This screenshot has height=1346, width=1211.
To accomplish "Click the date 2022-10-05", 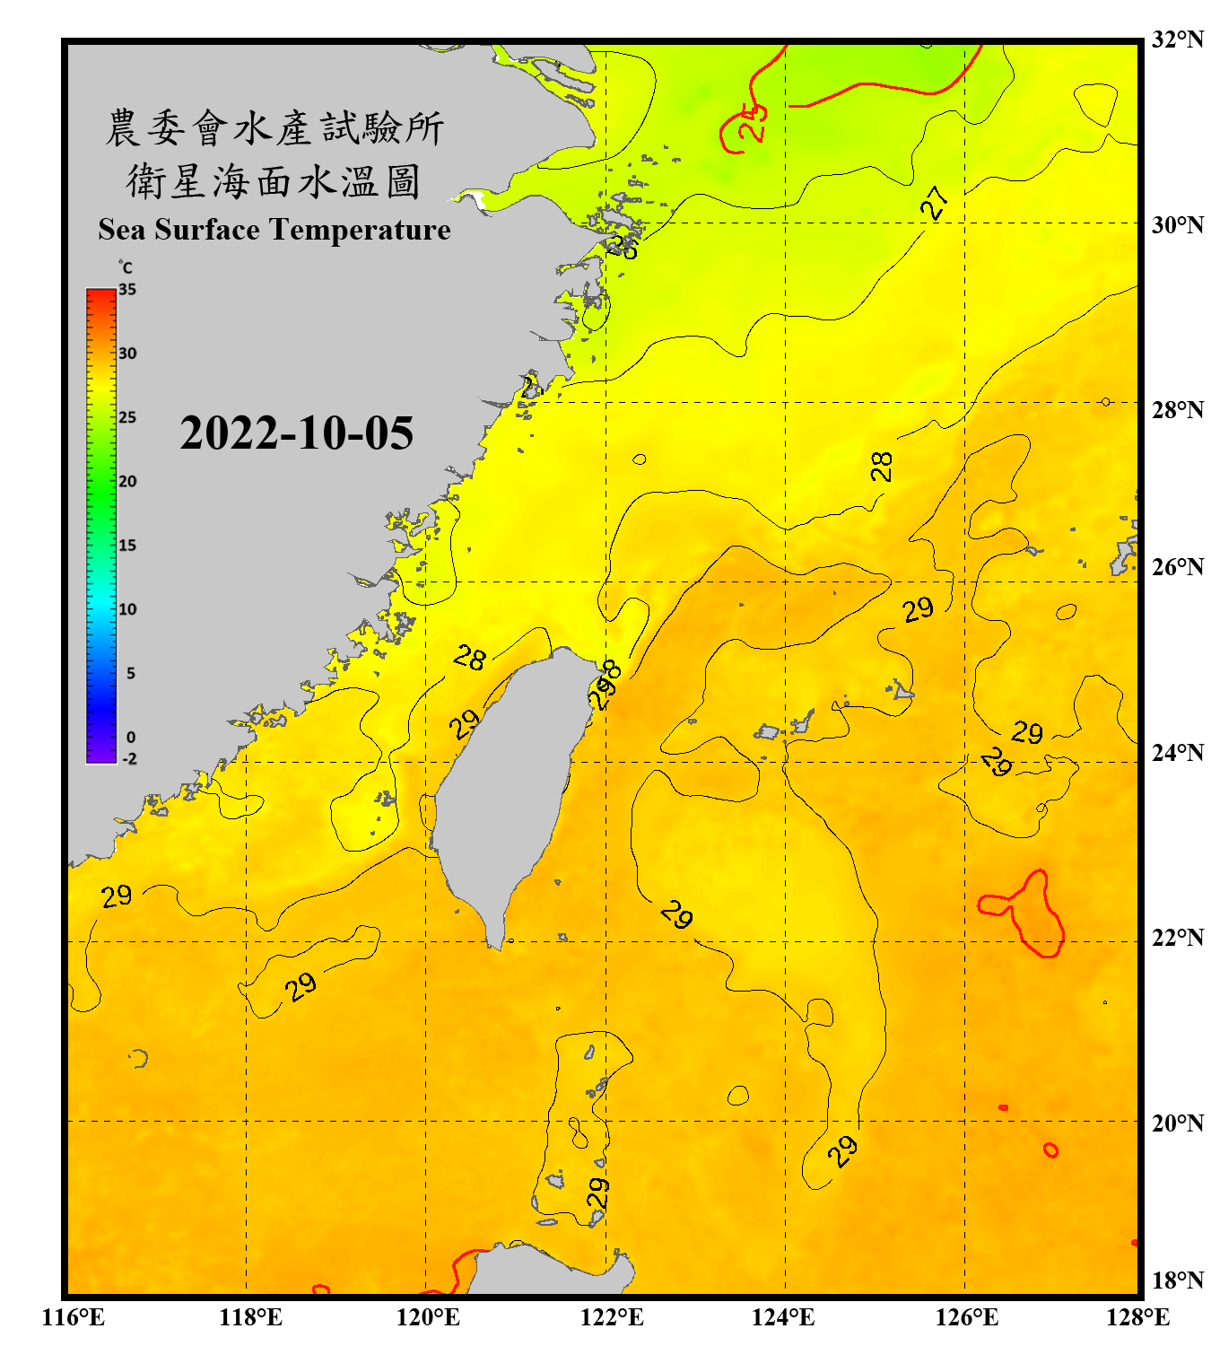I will [296, 433].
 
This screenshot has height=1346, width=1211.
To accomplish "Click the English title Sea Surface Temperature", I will [274, 230].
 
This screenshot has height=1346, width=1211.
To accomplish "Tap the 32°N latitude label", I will [1177, 39].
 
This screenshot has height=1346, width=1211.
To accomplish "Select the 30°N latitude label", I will [1177, 225].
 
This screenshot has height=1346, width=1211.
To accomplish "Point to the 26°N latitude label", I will [1177, 567].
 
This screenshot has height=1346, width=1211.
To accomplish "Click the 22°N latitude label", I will [1177, 938].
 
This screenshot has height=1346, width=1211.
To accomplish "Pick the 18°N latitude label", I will [1177, 1280].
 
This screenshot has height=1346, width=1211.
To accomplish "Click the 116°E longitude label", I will [74, 1317].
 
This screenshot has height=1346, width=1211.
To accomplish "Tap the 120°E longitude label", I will [428, 1317].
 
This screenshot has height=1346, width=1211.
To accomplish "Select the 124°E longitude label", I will [783, 1317].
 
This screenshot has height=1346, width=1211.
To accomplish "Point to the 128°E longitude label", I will [1137, 1317].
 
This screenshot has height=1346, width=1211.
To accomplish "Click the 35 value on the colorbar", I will [127, 290].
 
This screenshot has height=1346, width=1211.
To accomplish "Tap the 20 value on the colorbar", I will [127, 482].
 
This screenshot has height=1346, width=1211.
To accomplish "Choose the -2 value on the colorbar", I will [129, 759].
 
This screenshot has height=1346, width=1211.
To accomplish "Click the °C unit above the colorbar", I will [126, 268].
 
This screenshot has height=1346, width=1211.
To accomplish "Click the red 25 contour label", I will [752, 122].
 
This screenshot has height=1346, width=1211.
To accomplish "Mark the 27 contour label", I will [935, 203].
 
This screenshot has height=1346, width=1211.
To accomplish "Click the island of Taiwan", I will [507, 790].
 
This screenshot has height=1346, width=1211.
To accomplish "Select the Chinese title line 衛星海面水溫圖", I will [274, 182].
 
